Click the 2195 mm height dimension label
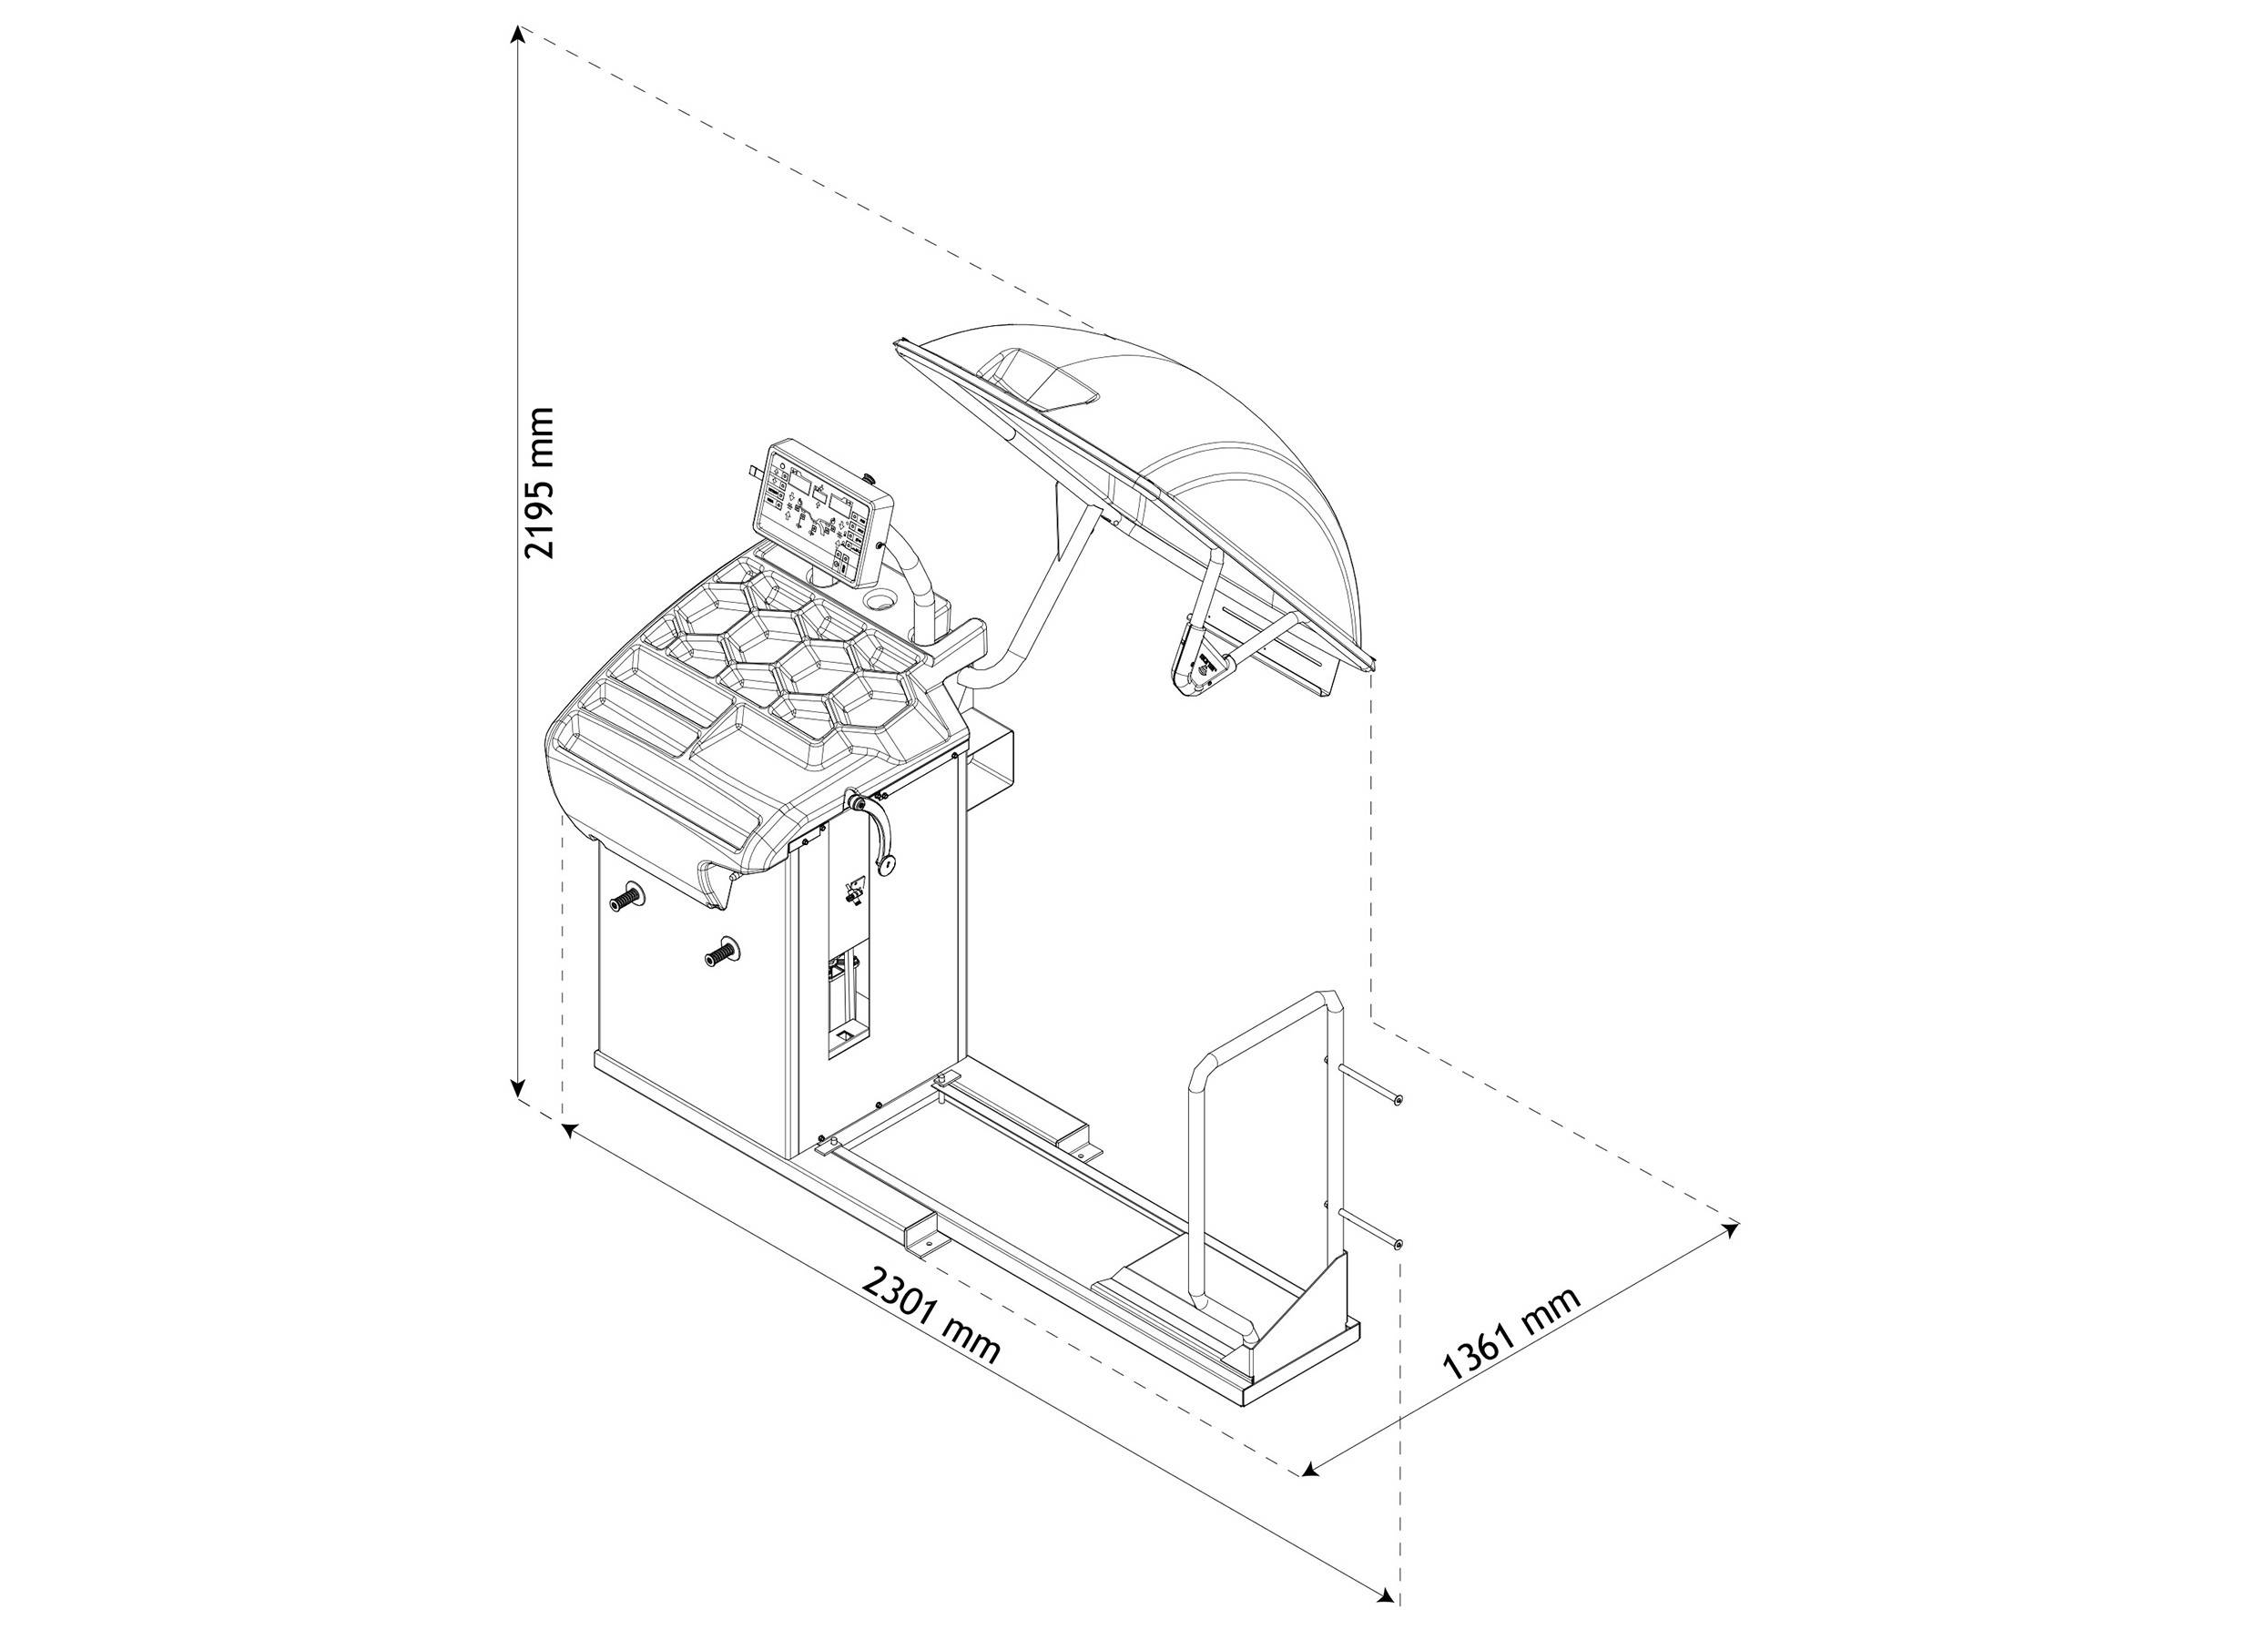coord(540,482)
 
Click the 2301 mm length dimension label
coord(931,1313)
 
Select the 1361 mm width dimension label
coord(1510,1333)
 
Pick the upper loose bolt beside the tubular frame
coord(1373,1084)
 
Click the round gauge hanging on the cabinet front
coord(884,863)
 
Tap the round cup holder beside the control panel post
coord(882,600)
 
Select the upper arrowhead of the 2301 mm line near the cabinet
coord(571,1128)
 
